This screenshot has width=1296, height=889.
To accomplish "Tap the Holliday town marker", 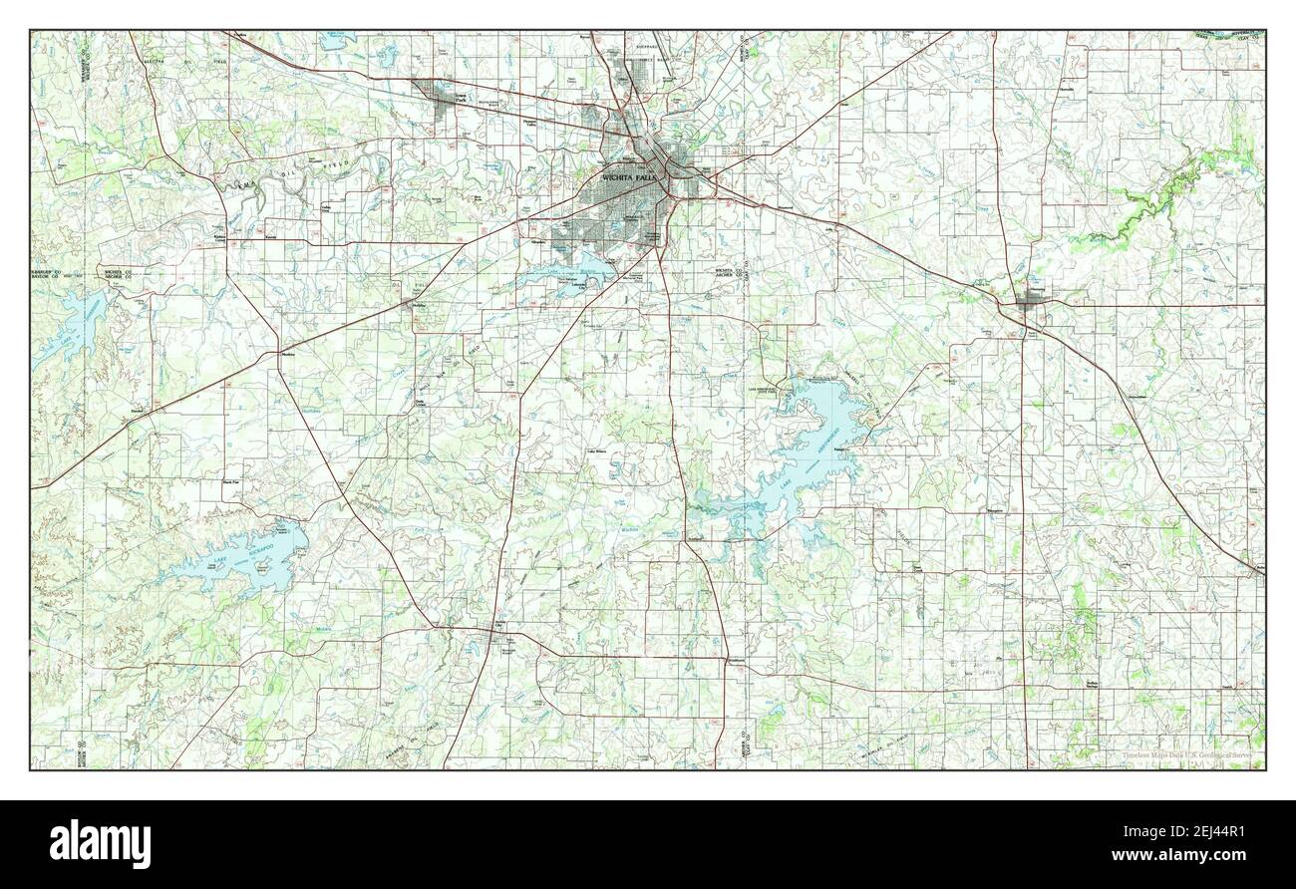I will tap(419, 306).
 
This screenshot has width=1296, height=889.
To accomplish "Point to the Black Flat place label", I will tap(231, 482).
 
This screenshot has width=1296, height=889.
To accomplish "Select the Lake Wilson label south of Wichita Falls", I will tap(597, 451).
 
